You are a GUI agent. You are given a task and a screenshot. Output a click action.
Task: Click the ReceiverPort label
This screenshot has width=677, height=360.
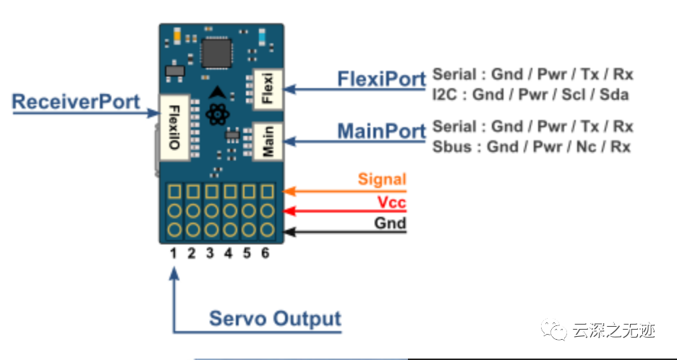[76, 101]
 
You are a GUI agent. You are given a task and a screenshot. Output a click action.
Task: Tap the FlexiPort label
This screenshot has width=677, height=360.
[381, 79]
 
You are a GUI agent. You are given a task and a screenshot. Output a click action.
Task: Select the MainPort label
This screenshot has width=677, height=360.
[381, 132]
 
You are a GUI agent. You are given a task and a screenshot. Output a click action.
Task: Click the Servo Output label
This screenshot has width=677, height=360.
[275, 318]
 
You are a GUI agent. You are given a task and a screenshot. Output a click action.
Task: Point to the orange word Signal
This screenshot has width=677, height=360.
[382, 179]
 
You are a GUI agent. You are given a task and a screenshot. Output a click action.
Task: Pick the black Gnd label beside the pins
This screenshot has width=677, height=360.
[390, 223]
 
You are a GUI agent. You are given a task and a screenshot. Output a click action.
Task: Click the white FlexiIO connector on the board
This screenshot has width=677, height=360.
[174, 128]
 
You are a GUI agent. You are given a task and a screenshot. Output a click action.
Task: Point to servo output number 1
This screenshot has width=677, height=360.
[174, 254]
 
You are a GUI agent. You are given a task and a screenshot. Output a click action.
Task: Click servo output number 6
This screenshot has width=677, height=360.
[265, 254]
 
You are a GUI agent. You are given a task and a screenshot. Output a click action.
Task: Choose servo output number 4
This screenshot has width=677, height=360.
[229, 254]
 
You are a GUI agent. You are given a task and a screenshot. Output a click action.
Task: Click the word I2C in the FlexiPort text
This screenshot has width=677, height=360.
[445, 95]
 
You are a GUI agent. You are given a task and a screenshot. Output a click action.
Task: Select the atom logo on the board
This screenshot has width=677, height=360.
[216, 115]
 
